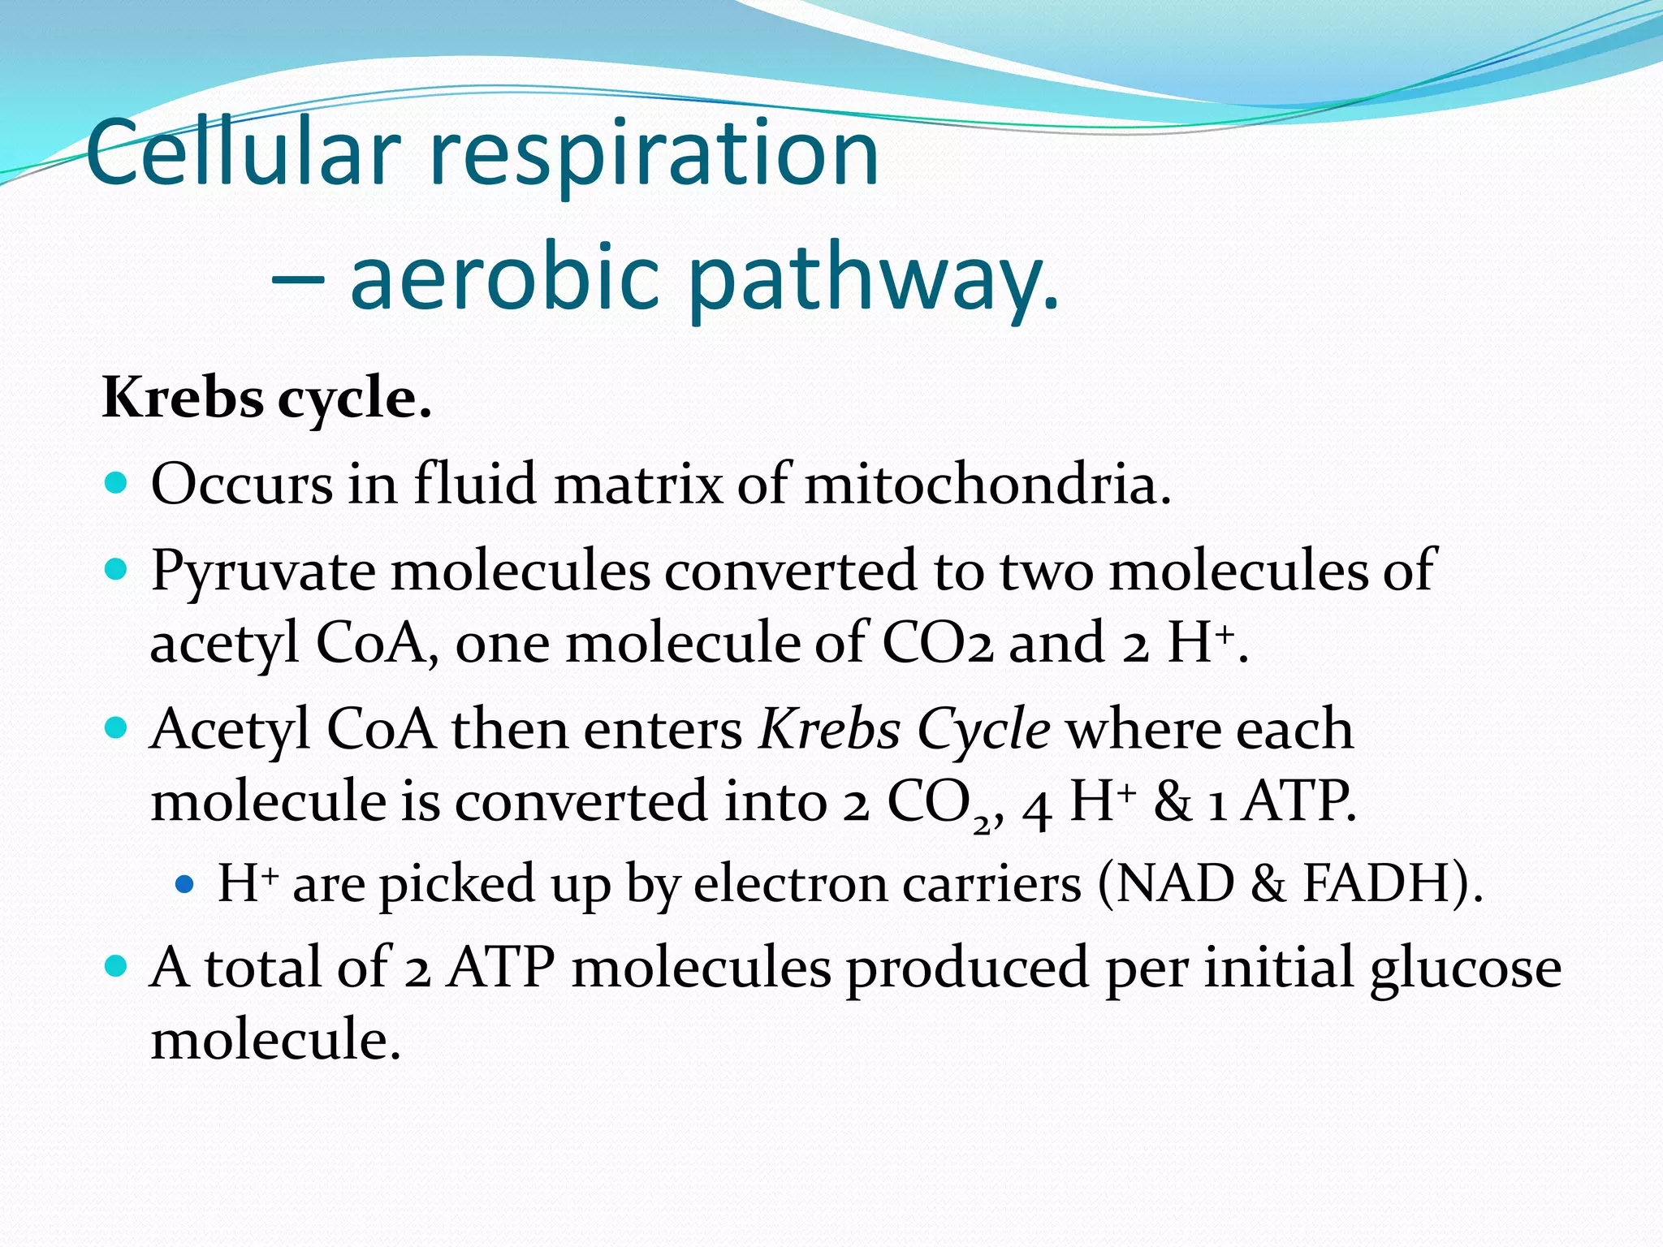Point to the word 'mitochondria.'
tap(987, 484)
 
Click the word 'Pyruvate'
tap(262, 572)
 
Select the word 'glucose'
tap(1465, 968)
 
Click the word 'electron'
tap(790, 883)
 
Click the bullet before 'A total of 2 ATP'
tap(117, 966)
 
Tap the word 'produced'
tap(966, 968)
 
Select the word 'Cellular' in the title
tap(244, 154)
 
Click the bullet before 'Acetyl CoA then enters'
tap(117, 727)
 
